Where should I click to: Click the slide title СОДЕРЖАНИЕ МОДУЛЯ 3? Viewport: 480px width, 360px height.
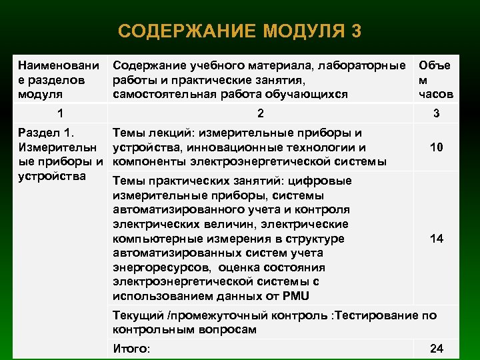point(240,31)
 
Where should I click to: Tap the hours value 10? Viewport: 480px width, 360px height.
point(437,147)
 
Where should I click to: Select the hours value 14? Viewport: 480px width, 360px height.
point(437,239)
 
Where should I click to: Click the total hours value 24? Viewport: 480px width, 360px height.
point(437,348)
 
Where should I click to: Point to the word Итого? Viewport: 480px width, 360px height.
point(131,348)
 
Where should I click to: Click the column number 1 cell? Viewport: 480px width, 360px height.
point(61,113)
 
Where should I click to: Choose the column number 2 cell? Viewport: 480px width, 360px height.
point(261,113)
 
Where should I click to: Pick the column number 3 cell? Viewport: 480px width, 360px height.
point(436,113)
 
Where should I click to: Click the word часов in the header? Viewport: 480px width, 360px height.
point(436,94)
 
